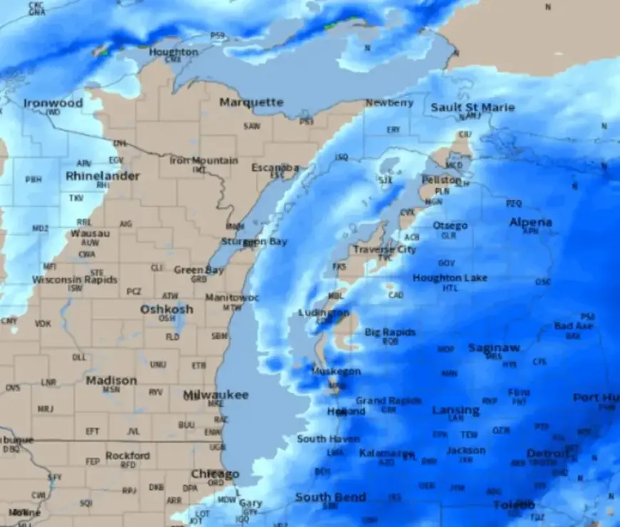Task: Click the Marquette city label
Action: click(251, 103)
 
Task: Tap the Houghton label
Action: click(173, 52)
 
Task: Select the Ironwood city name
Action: click(53, 103)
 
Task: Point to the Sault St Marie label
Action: click(472, 108)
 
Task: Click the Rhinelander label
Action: click(103, 176)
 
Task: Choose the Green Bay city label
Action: click(199, 270)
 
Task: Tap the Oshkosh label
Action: click(166, 309)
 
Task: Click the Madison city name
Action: click(111, 380)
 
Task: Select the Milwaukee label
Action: click(215, 395)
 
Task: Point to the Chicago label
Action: click(215, 474)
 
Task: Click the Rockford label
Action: click(128, 455)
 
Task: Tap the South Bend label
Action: click(331, 497)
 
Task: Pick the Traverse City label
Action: click(385, 250)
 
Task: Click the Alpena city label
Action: click(530, 222)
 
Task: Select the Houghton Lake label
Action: click(450, 278)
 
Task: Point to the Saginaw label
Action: click(494, 348)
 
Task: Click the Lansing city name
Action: click(455, 410)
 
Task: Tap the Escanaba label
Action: click(275, 167)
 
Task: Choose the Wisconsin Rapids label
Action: click(75, 280)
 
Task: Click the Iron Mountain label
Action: click(203, 160)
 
